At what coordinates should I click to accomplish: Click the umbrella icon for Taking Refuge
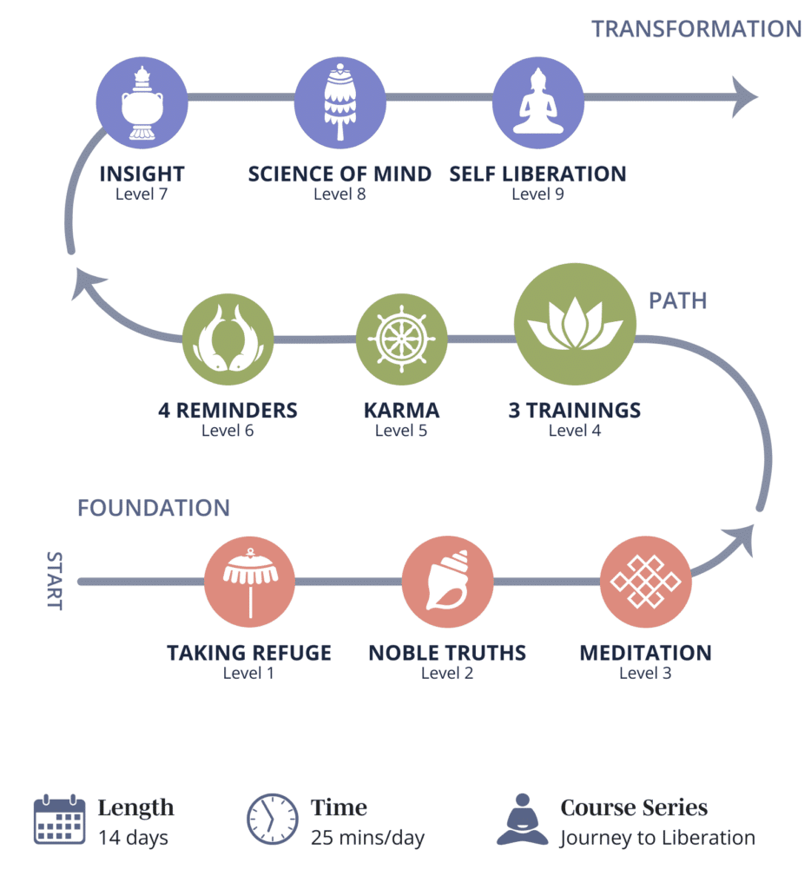(250, 582)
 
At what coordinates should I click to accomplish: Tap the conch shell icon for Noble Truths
(447, 582)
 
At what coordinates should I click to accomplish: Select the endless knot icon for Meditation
(645, 582)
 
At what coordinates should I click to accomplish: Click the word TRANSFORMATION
(696, 29)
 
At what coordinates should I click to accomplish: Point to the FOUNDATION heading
(154, 508)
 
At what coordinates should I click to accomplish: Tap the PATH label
(678, 301)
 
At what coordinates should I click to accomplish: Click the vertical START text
(55, 580)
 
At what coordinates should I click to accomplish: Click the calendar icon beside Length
(59, 819)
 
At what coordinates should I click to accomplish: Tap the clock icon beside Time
(273, 819)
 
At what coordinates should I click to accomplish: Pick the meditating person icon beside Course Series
(523, 819)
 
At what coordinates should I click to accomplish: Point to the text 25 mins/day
(367, 838)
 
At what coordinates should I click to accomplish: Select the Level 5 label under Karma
(401, 431)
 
